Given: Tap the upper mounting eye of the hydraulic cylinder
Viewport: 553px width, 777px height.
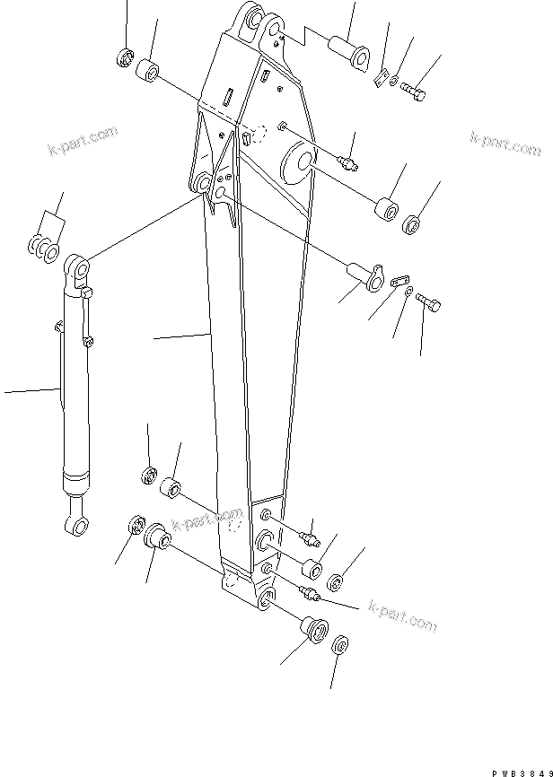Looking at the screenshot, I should click(x=76, y=269).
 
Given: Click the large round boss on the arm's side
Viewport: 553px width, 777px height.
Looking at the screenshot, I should click(x=297, y=164).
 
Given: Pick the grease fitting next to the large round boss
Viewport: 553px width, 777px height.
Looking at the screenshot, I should click(x=348, y=162).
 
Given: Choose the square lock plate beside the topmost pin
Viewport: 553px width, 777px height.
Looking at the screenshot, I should click(x=381, y=79).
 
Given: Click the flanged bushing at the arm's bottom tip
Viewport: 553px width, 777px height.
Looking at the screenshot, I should click(x=313, y=626).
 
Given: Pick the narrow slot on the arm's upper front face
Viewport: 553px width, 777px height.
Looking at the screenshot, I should click(x=229, y=97).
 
